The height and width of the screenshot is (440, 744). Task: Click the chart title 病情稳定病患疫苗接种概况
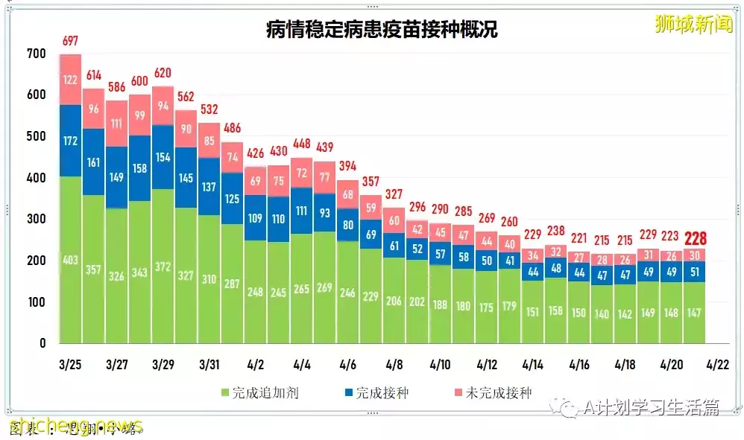tap(382, 29)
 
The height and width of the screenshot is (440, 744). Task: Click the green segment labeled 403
tap(70, 260)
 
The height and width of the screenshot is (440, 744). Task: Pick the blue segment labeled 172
tap(70, 140)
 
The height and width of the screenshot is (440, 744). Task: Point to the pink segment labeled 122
tap(70, 80)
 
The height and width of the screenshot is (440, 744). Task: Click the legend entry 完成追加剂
tap(259, 392)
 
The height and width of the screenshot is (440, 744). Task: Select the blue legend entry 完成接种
tap(376, 392)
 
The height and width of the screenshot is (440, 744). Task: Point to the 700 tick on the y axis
tap(36, 54)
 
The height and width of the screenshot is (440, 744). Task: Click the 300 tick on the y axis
tap(36, 220)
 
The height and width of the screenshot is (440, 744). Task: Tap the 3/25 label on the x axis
tap(70, 366)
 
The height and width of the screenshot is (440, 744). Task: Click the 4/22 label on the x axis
tap(717, 366)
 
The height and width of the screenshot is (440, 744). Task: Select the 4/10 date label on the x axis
tap(440, 366)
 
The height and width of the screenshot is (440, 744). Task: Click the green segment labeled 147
tap(695, 313)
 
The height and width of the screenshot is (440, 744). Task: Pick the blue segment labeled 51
tap(695, 272)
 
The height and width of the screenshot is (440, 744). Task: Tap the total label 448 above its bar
tap(302, 144)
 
